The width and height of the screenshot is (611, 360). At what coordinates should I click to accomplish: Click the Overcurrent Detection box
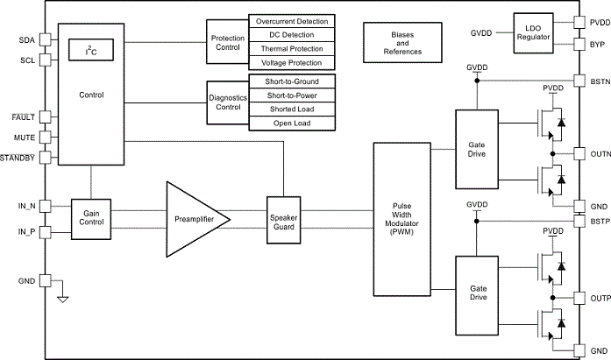pyautogui.click(x=292, y=21)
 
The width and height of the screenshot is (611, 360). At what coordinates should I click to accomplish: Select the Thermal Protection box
pyautogui.click(x=292, y=49)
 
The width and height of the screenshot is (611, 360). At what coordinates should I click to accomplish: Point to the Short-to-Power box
pyautogui.click(x=292, y=95)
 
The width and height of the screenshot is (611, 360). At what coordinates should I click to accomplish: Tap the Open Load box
pyautogui.click(x=292, y=124)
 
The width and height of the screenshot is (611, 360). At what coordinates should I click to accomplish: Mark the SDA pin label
pyautogui.click(x=27, y=40)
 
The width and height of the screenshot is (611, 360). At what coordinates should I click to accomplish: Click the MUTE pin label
pyautogui.click(x=25, y=138)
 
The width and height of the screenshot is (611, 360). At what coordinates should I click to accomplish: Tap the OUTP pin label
pyautogui.click(x=600, y=299)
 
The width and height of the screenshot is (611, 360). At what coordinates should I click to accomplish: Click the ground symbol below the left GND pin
pyautogui.click(x=62, y=300)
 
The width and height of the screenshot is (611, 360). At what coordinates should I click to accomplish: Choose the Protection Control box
pyautogui.click(x=227, y=43)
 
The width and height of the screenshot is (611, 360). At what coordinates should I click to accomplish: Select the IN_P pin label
pyautogui.click(x=26, y=231)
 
